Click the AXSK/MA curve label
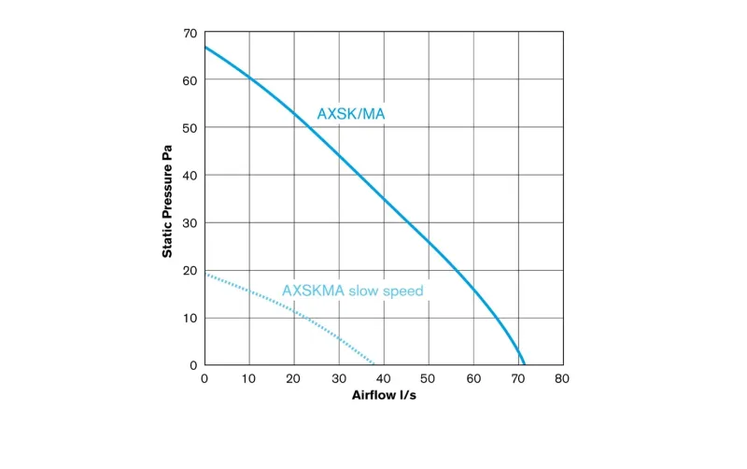tap(351, 114)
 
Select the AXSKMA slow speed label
tap(352, 291)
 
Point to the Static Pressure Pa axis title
tap(168, 200)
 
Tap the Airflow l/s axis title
tap(383, 395)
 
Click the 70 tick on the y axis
tap(190, 34)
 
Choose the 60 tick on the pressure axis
tap(190, 80)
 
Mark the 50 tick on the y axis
tap(190, 127)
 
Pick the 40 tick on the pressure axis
tap(190, 176)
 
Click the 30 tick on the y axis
tap(190, 223)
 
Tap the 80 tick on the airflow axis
tap(562, 378)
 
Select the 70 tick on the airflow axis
tap(517, 378)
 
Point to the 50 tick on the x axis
tap(428, 378)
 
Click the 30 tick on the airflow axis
tap(339, 378)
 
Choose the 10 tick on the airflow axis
tap(249, 378)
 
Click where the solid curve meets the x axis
tap(525, 364)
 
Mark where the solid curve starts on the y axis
tap(204, 47)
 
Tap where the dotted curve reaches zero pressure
tap(374, 364)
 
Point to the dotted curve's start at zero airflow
tap(204, 274)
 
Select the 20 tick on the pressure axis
tap(190, 271)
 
